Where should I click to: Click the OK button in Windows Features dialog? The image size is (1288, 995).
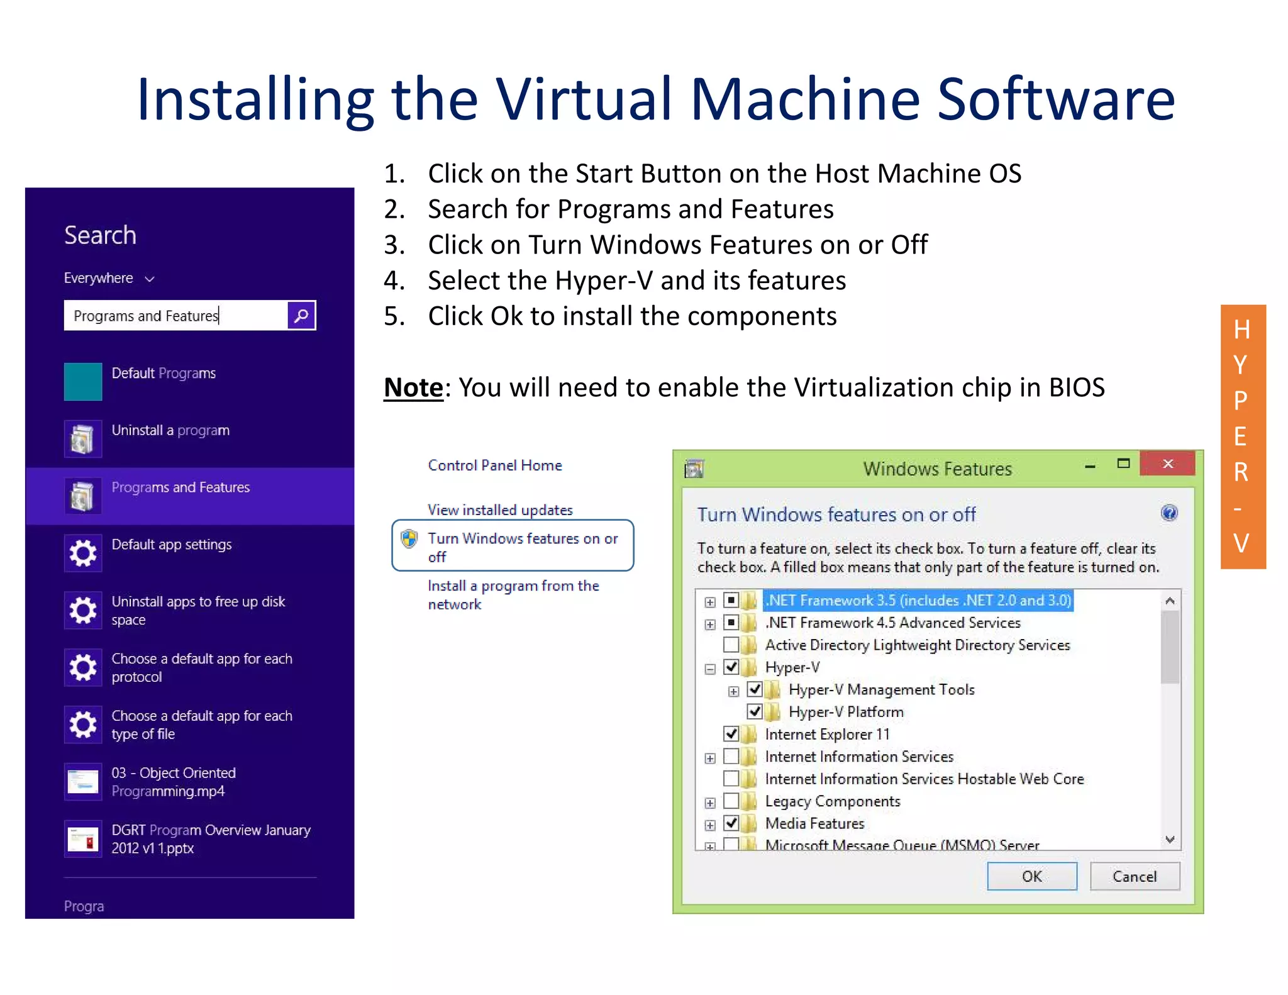[x=1031, y=876]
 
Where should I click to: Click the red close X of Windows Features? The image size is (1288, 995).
[x=1167, y=464]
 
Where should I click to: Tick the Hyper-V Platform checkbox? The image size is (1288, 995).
[x=755, y=711]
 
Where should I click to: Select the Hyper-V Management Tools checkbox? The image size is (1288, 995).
[x=755, y=689]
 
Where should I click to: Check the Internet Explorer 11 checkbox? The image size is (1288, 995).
[x=731, y=733]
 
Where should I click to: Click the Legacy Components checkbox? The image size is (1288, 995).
[x=731, y=801]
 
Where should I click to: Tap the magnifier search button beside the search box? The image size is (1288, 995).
[x=301, y=315]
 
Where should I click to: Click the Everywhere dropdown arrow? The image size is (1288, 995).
[x=150, y=279]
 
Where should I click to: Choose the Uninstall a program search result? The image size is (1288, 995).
[x=170, y=431]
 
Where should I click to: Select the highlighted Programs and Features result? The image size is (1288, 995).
[x=180, y=488]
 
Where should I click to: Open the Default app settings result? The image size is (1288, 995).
[x=171, y=545]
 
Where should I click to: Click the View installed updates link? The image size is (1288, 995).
[x=500, y=510]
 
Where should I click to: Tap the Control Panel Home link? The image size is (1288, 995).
[x=495, y=465]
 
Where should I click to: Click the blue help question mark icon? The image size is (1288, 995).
[x=1169, y=513]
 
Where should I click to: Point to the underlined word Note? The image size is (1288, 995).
[x=413, y=387]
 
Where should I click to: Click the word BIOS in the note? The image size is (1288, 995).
[x=1076, y=387]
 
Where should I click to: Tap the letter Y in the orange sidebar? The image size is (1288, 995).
[x=1240, y=365]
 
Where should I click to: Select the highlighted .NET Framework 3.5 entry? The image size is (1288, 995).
[x=918, y=600]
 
